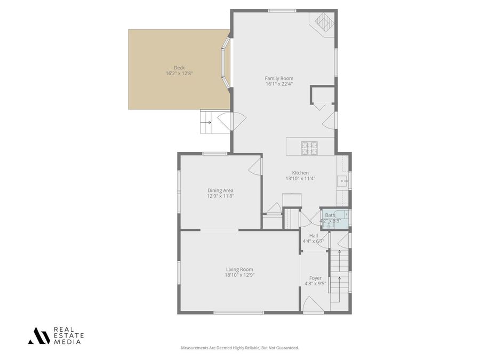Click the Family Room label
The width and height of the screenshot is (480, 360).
click(x=279, y=78)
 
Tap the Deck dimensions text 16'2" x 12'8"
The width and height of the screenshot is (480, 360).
click(x=179, y=74)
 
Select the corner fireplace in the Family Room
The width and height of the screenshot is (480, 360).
click(x=323, y=23)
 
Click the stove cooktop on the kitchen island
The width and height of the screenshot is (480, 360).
click(x=309, y=147)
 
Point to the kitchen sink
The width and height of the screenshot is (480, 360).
click(x=342, y=180)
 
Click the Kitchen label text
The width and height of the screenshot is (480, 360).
click(x=300, y=173)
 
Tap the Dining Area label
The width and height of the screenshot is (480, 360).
click(x=220, y=190)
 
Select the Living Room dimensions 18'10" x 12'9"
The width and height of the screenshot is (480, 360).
click(x=239, y=275)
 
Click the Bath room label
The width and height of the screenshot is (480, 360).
click(x=330, y=215)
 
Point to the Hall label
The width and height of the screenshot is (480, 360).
click(x=313, y=235)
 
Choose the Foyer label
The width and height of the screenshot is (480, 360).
click(x=315, y=278)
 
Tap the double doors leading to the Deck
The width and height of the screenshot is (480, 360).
click(x=233, y=122)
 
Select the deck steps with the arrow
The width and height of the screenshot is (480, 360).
click(x=206, y=122)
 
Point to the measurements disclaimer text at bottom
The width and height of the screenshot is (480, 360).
click(x=239, y=348)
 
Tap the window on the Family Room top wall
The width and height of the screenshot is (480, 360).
click(x=282, y=11)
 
